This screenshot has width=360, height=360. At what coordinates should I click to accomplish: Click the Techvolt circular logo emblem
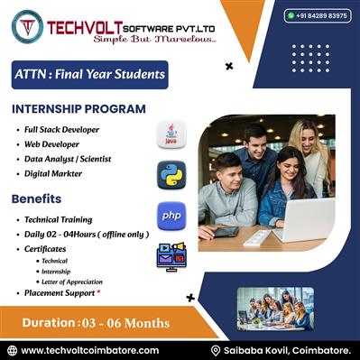coord(27,27)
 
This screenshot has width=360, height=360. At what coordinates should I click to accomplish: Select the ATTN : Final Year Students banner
coord(89,74)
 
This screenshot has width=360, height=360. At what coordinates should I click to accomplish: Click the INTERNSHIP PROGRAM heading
coord(78,109)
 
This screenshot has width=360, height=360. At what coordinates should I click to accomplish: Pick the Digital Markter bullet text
coord(55,173)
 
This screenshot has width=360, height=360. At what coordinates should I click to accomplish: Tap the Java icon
coord(171,134)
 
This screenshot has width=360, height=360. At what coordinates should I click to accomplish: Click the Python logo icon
coord(171,174)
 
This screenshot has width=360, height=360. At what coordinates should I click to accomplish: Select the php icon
coord(171,216)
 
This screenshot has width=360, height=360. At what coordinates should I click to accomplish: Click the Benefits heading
coord(37,198)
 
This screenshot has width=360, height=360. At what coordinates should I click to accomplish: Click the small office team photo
coord(275,308)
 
